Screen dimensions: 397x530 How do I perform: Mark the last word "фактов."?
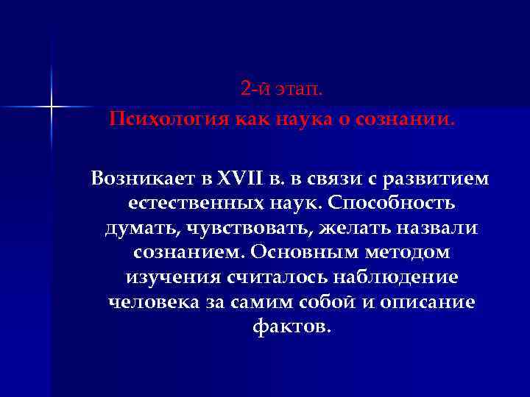[x=291, y=327]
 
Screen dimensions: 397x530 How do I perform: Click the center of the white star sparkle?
[x=52, y=108]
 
